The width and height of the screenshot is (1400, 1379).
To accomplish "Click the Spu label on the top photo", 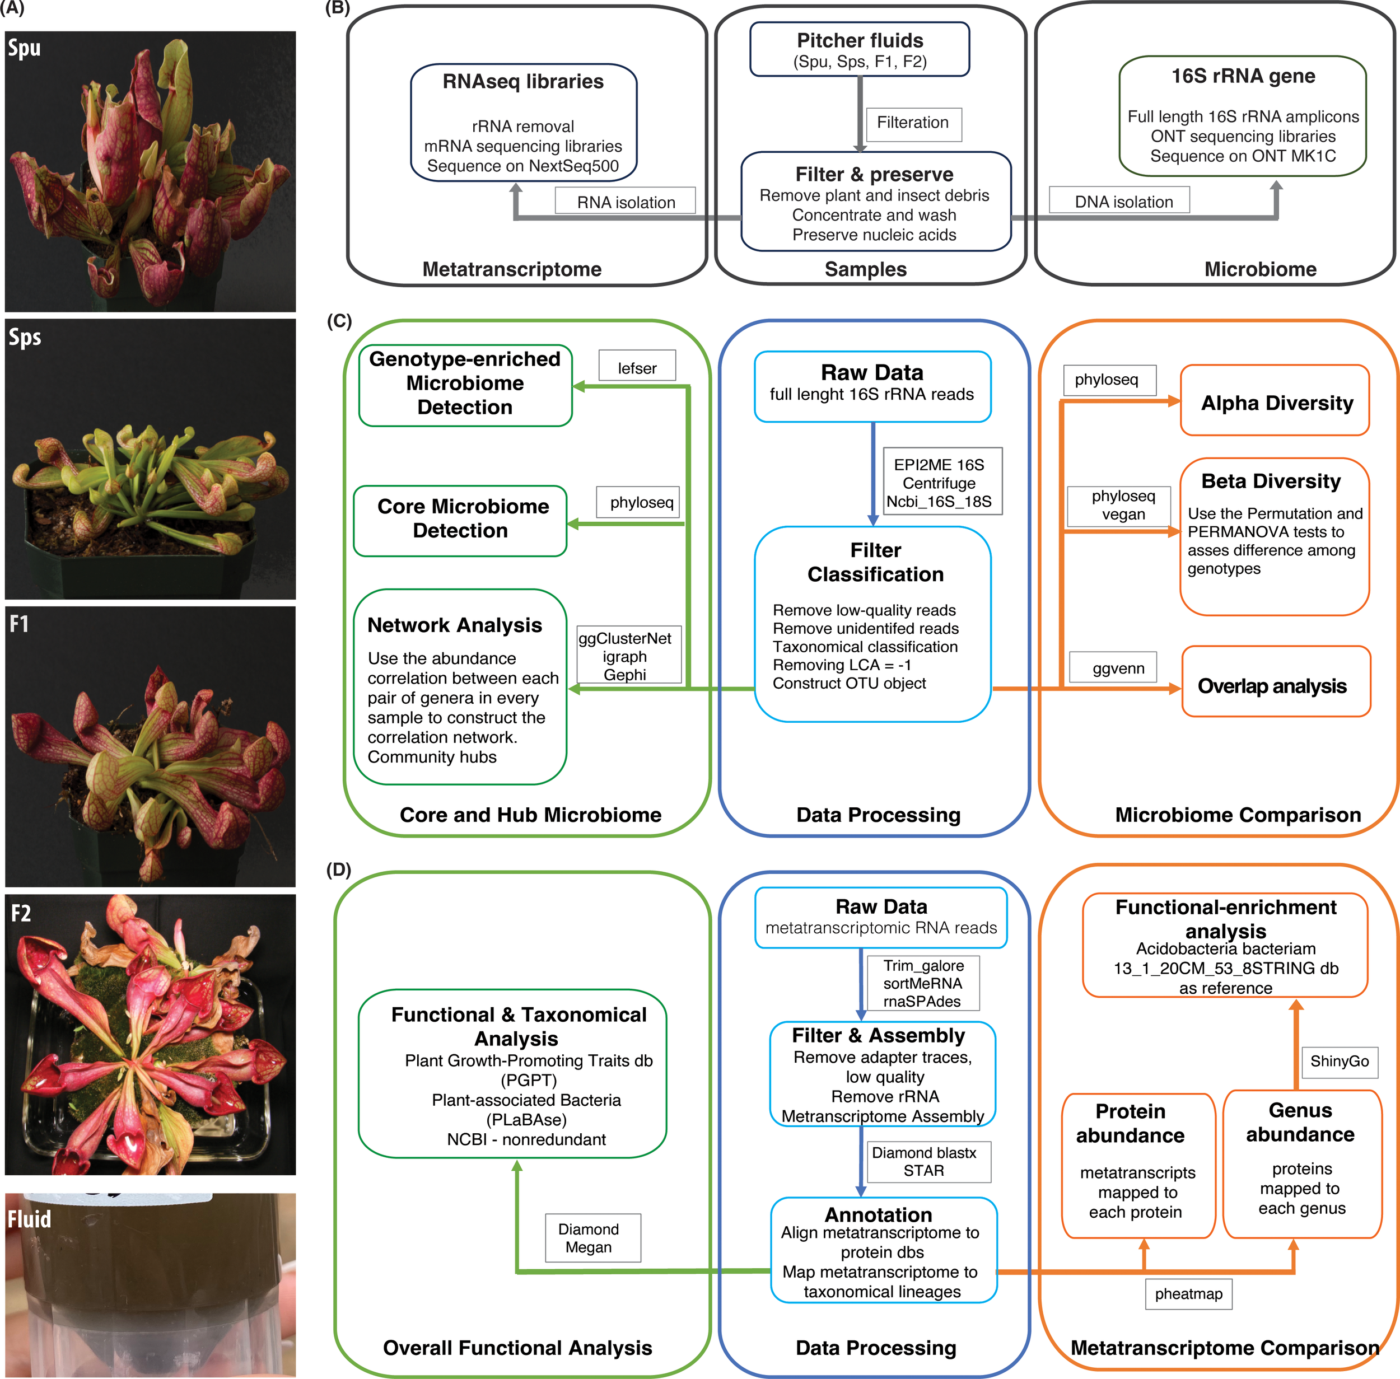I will tap(24, 49).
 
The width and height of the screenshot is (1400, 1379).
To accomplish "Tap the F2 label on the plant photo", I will tap(21, 913).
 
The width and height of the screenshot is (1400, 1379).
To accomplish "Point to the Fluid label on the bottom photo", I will tap(29, 1219).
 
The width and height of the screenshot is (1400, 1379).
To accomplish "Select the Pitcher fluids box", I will tap(859, 49).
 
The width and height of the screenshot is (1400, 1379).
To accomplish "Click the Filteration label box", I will tap(913, 123).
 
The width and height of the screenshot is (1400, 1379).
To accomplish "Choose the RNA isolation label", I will tap(625, 202).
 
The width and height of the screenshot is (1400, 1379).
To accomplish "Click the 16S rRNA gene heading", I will tap(1243, 76).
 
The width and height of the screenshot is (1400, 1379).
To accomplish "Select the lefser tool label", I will tap(637, 368).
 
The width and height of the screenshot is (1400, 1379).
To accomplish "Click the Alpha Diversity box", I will tap(1276, 402).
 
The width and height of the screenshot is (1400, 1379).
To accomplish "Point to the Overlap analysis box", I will tap(1276, 685).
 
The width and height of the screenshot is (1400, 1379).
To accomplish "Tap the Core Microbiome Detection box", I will tap(461, 518).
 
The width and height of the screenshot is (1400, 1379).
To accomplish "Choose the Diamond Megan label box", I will tap(592, 1238).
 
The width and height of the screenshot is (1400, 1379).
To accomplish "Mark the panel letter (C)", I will tap(339, 321).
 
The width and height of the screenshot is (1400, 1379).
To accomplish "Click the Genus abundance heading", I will tap(1300, 1122).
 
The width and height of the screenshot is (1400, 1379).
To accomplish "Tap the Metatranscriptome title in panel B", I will tap(511, 269).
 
